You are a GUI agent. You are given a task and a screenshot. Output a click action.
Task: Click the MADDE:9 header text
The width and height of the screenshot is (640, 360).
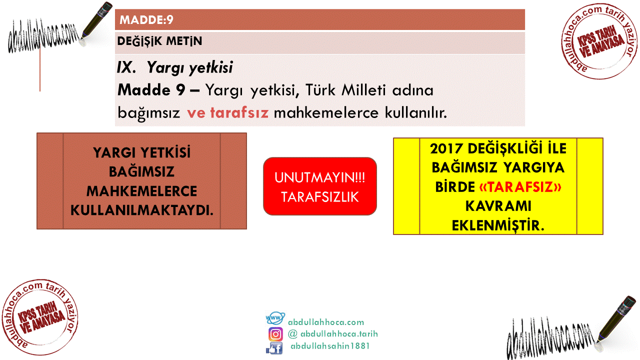146,19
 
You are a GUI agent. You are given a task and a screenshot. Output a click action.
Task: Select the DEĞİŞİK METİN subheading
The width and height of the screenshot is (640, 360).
159,41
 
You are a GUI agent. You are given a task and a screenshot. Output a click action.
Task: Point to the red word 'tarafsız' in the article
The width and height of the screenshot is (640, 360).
239,112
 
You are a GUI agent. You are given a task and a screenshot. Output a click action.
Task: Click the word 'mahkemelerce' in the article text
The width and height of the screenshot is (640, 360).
326,112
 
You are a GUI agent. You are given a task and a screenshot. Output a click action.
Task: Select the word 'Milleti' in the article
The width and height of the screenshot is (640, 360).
363,90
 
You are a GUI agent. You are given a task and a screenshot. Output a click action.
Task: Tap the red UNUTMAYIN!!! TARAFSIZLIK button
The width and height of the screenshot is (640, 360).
319,186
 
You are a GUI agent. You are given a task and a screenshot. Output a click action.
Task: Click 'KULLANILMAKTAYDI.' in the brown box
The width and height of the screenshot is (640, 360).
142,210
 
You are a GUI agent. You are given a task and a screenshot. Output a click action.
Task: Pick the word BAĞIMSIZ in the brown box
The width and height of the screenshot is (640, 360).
141,171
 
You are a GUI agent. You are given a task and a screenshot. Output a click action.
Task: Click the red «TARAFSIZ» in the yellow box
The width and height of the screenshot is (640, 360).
520,187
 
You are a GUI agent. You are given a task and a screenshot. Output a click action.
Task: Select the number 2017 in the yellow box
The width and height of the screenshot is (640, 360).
446,149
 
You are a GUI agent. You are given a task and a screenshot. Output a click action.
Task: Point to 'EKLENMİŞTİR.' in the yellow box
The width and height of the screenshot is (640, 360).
498,225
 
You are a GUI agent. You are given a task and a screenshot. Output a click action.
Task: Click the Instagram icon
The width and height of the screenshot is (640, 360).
275,334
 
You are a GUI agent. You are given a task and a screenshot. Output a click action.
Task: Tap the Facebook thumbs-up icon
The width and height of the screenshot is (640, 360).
274,348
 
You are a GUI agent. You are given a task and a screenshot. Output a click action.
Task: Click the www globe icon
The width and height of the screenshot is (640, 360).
275,318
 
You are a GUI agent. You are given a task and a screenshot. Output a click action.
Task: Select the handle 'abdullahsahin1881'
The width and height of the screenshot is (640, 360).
330,346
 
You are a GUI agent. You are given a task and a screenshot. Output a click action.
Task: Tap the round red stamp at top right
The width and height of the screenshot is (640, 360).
599,41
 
